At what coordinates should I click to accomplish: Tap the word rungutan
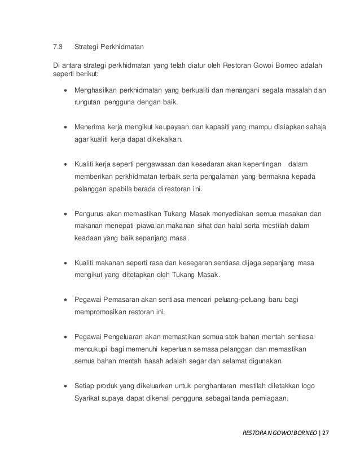[x=89, y=104]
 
